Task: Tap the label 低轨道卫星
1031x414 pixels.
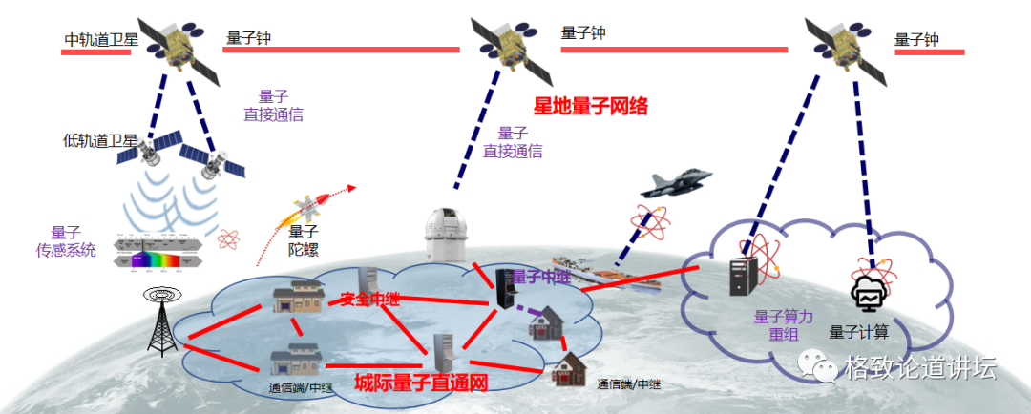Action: click(100, 141)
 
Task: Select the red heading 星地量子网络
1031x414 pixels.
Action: click(590, 106)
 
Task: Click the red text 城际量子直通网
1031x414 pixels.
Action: click(421, 383)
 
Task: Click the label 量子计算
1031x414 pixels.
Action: click(859, 332)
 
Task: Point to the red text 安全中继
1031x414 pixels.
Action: click(370, 299)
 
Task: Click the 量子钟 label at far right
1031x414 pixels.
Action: click(916, 40)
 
